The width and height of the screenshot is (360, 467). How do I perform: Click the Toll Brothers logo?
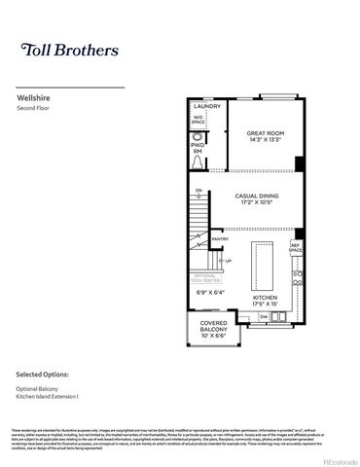(x=70, y=49)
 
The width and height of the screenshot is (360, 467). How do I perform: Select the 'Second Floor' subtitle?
(x=35, y=109)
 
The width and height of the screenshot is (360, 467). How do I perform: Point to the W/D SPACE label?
(x=198, y=121)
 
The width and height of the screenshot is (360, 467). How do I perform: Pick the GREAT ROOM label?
(x=263, y=132)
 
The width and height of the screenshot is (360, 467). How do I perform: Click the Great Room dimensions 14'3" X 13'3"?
(x=263, y=140)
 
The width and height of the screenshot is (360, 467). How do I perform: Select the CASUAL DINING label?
(x=257, y=196)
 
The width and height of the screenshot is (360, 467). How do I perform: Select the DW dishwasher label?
(x=265, y=316)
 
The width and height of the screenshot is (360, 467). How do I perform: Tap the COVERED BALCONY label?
(x=214, y=326)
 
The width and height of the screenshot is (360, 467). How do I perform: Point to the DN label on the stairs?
(x=198, y=192)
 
